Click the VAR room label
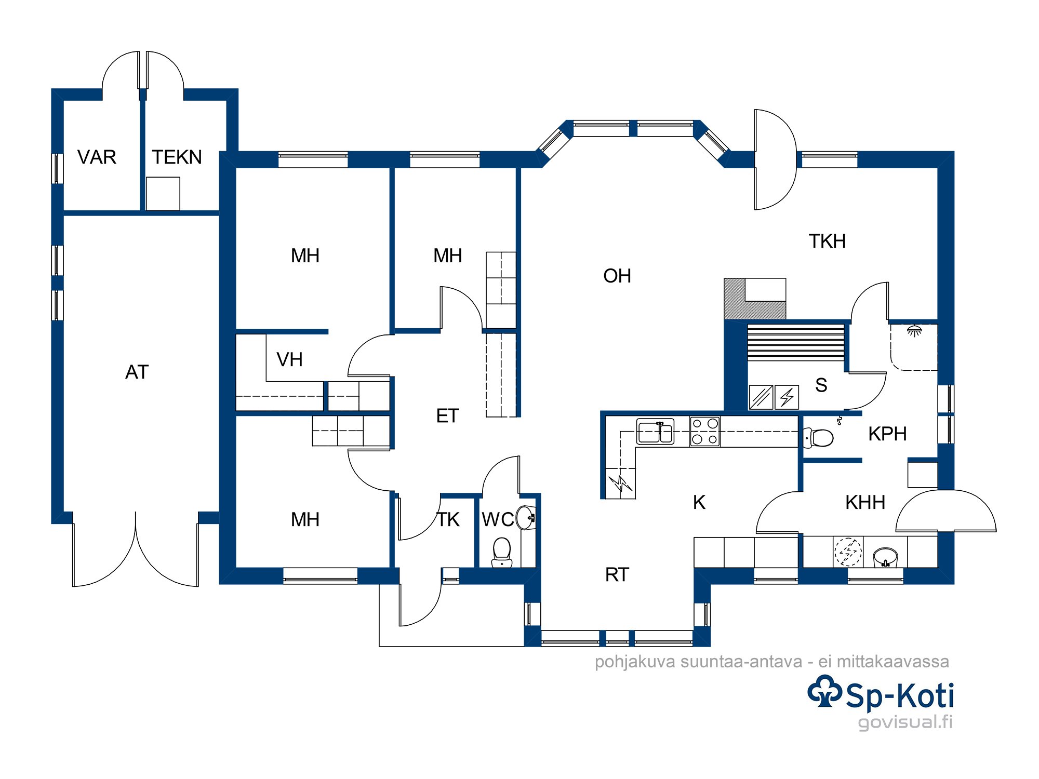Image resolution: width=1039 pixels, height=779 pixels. pos(97,157)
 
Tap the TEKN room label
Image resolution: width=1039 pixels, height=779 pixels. pos(177,157)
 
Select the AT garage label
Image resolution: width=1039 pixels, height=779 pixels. pos(137,372)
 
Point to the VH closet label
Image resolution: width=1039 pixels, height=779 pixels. pos(289,359)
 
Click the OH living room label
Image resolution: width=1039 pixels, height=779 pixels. pos(617,276)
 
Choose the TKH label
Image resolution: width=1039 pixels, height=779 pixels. pos(827,241)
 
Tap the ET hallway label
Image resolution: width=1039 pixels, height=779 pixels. pos(447,415)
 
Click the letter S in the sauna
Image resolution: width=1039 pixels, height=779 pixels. pos(821,385)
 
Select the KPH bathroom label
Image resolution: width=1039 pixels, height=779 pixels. pos(887,434)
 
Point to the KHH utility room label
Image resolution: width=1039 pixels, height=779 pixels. pos(865,502)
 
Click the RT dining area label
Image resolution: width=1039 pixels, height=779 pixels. pos(617,574)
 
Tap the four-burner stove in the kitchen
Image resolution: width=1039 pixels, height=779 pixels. pos(705,432)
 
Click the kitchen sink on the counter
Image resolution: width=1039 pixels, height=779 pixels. pos(656,432)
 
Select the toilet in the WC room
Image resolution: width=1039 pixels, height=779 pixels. pos(502,552)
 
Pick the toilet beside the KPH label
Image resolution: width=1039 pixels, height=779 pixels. pos(819,437)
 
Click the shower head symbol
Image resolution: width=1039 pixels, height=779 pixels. pos(914,331)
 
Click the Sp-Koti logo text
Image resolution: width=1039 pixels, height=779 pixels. pos(900,695)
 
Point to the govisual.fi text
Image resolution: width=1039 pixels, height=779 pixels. pos(905,722)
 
